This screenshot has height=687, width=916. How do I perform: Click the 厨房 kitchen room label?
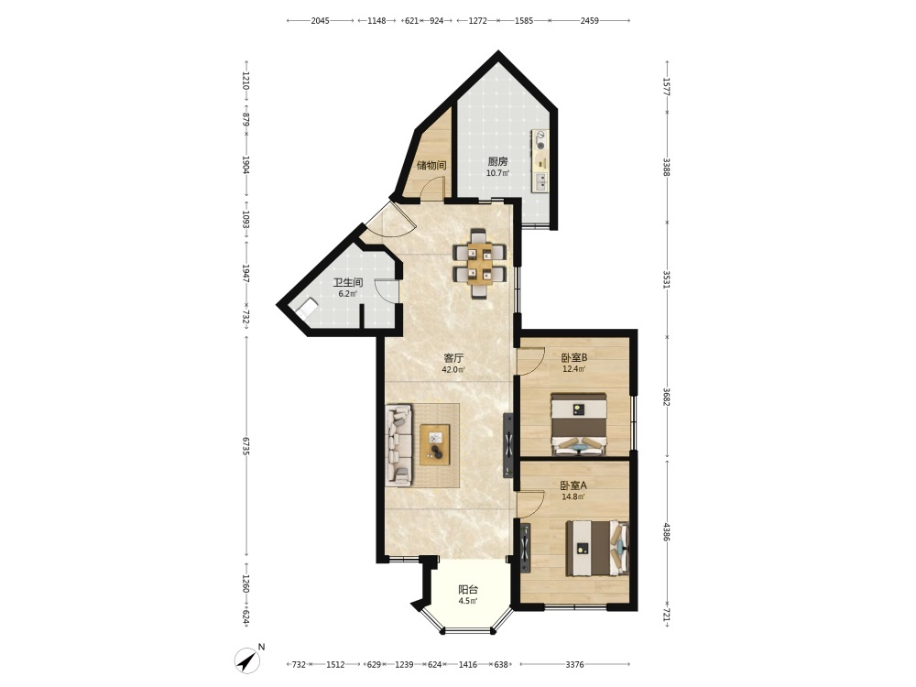(x=497, y=162)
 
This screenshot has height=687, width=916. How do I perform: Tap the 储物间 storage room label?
(x=431, y=165)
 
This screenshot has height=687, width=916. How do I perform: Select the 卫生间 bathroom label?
(x=348, y=283)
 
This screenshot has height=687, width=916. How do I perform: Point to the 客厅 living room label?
(x=453, y=357)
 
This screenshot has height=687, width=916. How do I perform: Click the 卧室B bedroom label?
(x=573, y=357)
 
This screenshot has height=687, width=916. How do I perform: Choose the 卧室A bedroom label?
(x=573, y=485)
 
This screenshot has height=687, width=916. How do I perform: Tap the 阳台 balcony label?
(x=468, y=589)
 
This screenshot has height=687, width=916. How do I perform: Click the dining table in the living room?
(x=479, y=264)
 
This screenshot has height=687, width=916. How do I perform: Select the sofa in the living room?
(x=399, y=444)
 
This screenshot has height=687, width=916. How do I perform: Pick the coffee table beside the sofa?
(x=434, y=444)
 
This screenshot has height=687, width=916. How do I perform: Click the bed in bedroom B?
(x=579, y=424)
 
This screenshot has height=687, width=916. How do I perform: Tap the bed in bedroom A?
(x=597, y=549)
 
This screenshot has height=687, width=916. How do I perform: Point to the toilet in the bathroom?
(x=307, y=308)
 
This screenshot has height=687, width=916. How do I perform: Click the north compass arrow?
(x=249, y=660)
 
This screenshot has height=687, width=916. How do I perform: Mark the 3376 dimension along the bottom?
(x=575, y=664)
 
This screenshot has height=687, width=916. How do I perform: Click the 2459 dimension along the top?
(x=589, y=20)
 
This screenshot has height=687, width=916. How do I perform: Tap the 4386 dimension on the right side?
(x=667, y=531)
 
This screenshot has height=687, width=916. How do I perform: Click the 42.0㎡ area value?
(x=453, y=369)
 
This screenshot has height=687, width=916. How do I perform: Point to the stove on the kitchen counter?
(x=540, y=141)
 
